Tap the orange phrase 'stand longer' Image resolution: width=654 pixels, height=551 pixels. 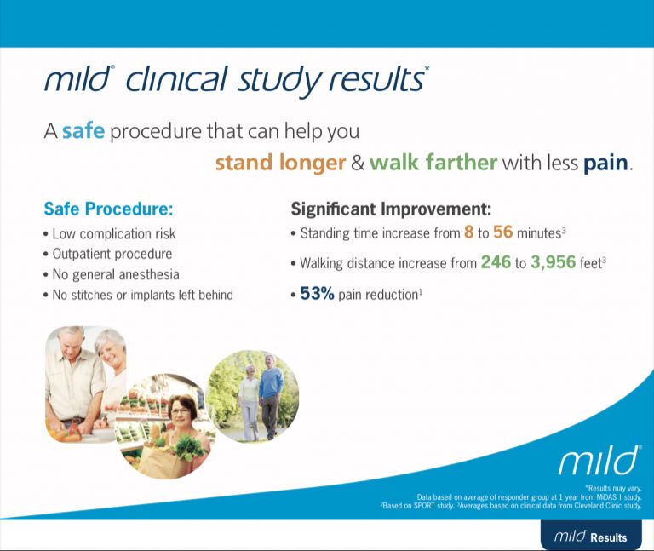pos(279,163)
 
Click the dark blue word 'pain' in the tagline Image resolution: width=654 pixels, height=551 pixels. pos(605,163)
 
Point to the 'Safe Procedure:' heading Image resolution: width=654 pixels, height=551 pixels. pos(107,209)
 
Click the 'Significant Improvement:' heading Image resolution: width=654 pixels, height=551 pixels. pos(391,209)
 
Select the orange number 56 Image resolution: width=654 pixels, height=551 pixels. pos(502,232)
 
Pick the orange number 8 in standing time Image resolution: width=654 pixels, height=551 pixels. pos(468,232)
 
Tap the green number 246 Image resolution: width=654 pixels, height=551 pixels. pos(496,263)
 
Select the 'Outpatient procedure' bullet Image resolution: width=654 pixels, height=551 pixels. pos(112,254)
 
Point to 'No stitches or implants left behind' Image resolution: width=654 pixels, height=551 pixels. pos(142,295)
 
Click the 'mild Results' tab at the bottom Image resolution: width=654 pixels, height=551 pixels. pos(590,537)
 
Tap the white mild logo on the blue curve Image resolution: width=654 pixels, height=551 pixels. pos(598,461)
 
